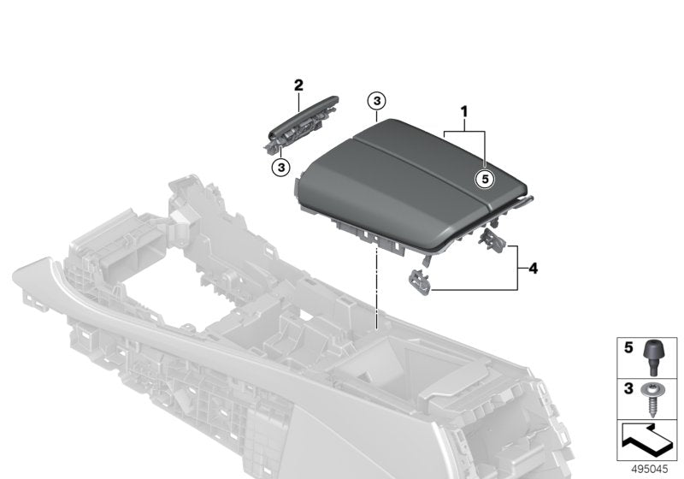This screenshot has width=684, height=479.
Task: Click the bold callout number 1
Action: (x=465, y=111)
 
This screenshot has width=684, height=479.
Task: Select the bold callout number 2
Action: (x=298, y=85)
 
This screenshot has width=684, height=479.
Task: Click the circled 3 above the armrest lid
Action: (x=376, y=102)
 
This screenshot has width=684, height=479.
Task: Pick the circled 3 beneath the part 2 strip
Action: (x=280, y=166)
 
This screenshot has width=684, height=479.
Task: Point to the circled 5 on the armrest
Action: (x=484, y=179)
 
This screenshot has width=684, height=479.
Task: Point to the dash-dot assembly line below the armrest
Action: (x=376, y=291)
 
